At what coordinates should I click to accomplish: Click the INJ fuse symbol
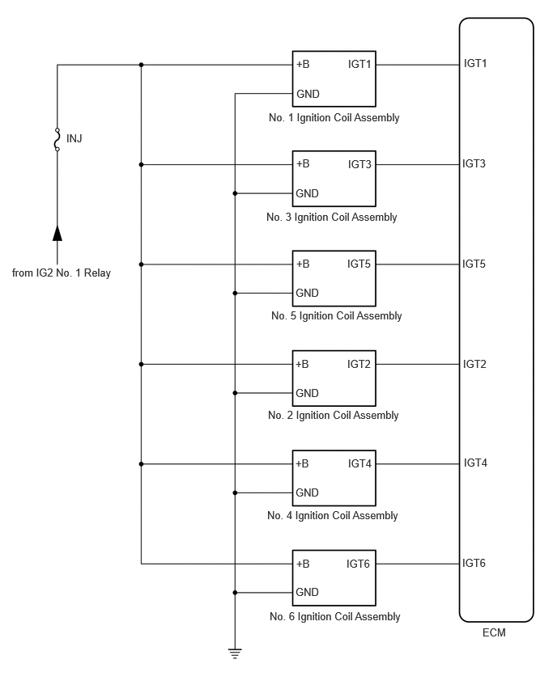pyautogui.click(x=57, y=139)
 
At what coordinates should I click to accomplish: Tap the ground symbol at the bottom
pyautogui.click(x=235, y=653)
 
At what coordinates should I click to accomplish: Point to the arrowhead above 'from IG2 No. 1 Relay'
pyautogui.click(x=57, y=234)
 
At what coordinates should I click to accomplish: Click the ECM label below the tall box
pyautogui.click(x=494, y=632)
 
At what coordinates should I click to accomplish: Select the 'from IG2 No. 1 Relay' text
pyautogui.click(x=62, y=273)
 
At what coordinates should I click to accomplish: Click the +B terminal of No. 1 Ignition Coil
pyautogui.click(x=303, y=64)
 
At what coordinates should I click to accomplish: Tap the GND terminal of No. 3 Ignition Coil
pyautogui.click(x=307, y=193)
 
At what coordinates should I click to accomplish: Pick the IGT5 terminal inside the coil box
pyautogui.click(x=359, y=264)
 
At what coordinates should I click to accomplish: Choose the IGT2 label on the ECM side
pyautogui.click(x=474, y=364)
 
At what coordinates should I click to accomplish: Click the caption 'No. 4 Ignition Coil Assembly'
pyautogui.click(x=333, y=515)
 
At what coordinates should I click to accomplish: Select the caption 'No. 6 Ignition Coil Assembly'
pyautogui.click(x=335, y=616)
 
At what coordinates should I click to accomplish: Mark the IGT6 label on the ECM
pyautogui.click(x=474, y=563)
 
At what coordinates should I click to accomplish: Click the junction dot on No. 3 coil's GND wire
pyautogui.click(x=235, y=193)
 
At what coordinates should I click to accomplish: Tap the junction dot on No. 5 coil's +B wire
pyautogui.click(x=141, y=264)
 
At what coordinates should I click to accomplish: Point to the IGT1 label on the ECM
pyautogui.click(x=475, y=63)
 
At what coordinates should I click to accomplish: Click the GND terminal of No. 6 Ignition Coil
pyautogui.click(x=307, y=592)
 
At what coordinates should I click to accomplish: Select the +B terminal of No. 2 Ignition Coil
pyautogui.click(x=302, y=364)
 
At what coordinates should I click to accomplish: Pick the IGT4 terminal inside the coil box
pyautogui.click(x=360, y=463)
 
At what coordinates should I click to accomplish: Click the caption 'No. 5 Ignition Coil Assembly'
pyautogui.click(x=337, y=316)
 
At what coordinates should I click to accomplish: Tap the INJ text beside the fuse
pyautogui.click(x=74, y=139)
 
